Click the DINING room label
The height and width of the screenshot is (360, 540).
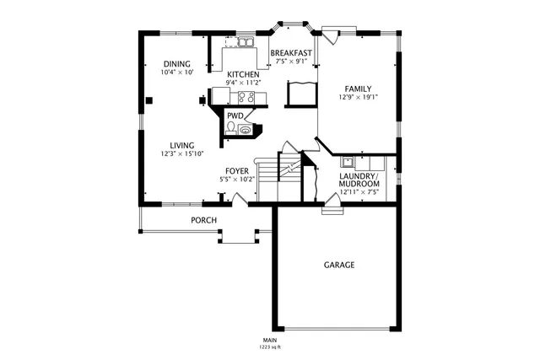point(177,64)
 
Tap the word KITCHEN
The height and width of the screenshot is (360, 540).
point(242,74)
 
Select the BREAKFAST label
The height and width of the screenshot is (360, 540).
point(291,53)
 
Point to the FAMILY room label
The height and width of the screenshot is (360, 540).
point(358,88)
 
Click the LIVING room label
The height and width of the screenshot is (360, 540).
point(182,145)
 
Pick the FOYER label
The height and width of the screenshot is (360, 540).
point(236,170)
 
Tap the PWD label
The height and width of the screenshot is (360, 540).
point(235,116)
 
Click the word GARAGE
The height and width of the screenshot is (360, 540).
point(339,265)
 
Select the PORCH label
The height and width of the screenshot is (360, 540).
point(203,221)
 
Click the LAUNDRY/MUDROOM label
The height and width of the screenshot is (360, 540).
point(359,180)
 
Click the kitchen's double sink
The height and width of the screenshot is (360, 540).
point(246,41)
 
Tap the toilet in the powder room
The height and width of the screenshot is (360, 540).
point(231,129)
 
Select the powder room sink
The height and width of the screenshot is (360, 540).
point(246,129)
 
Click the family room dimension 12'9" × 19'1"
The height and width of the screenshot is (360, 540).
point(358,97)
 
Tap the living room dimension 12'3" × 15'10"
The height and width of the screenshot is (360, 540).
point(182,154)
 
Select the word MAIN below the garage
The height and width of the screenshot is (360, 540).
point(270,340)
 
